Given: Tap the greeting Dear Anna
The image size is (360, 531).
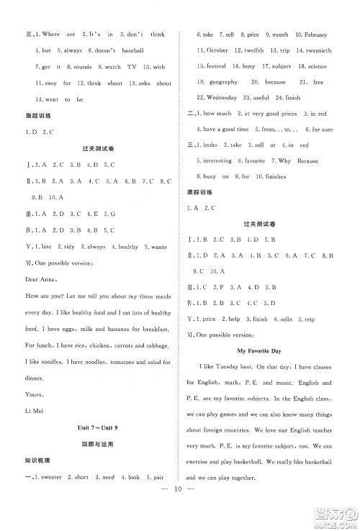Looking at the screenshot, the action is [40, 278].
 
